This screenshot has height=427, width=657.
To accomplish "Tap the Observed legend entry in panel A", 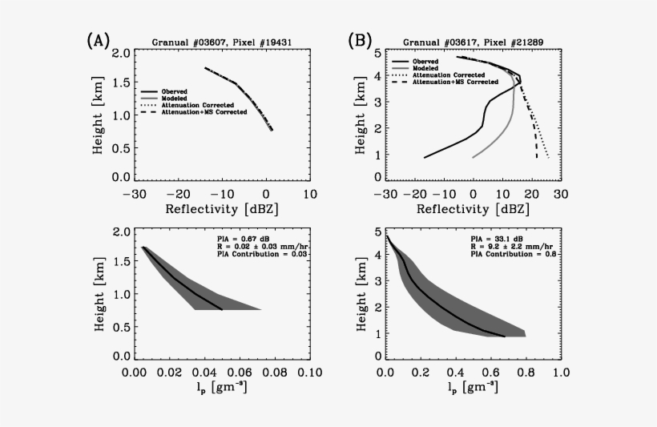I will pos(175,91).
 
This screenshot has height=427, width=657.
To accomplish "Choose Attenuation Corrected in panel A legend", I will pos(197,105).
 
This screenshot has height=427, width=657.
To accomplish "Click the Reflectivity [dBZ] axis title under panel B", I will pos(472,210).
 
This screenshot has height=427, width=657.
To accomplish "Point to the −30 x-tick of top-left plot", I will pos(138,194).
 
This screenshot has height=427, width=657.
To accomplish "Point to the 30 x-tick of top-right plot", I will pos(560,194).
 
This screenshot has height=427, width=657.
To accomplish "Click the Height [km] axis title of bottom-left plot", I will pos(103,292).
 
